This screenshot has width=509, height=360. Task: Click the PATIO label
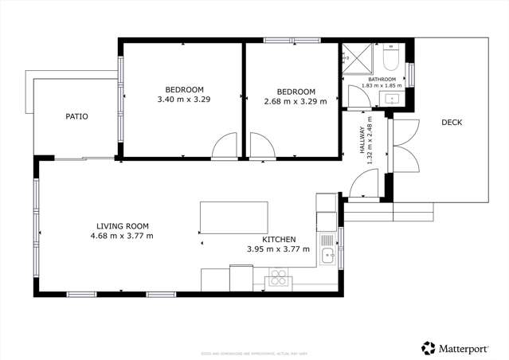[x=76, y=116]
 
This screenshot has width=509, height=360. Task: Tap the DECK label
[x=452, y=122]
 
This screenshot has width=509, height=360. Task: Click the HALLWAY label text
[x=362, y=139]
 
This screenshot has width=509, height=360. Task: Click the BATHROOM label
[x=382, y=79]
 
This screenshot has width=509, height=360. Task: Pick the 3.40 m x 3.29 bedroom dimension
[x=184, y=100]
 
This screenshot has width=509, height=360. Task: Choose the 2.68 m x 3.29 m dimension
[x=296, y=101]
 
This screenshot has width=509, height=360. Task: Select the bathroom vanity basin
[x=393, y=98]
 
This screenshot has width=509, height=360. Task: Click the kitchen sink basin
[x=326, y=256]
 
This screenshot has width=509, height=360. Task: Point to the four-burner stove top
[x=279, y=277]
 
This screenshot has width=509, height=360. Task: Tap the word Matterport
[x=468, y=347]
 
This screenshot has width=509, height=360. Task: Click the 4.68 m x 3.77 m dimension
[x=123, y=236]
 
